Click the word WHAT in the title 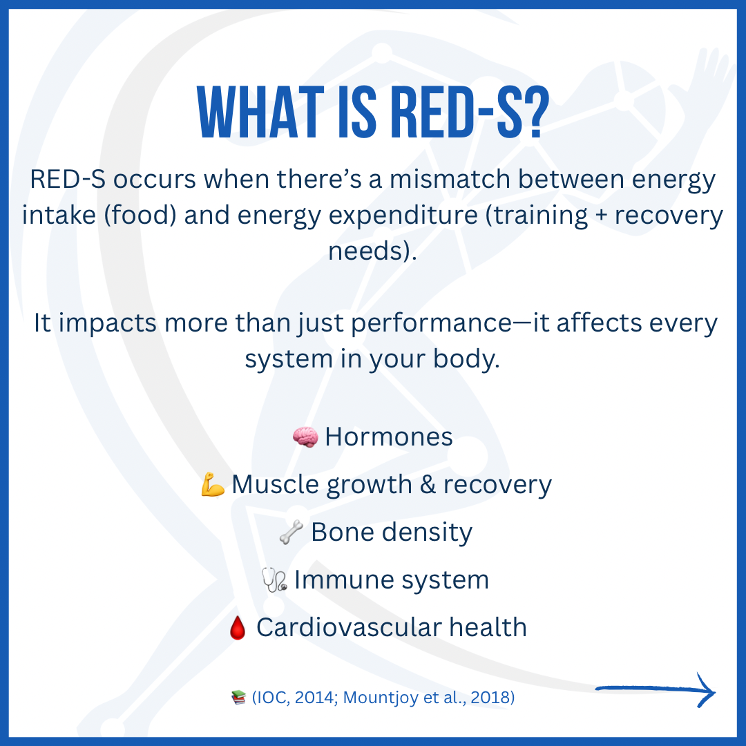click(260, 113)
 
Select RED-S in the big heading click(455, 113)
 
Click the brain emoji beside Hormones click(305, 437)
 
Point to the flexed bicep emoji click(213, 484)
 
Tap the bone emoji click(291, 532)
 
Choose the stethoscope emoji click(274, 580)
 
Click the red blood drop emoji click(238, 628)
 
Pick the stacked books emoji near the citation click(238, 698)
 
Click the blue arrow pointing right click(655, 689)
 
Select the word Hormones click(389, 437)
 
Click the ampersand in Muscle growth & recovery click(428, 484)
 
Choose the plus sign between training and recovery click(602, 216)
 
